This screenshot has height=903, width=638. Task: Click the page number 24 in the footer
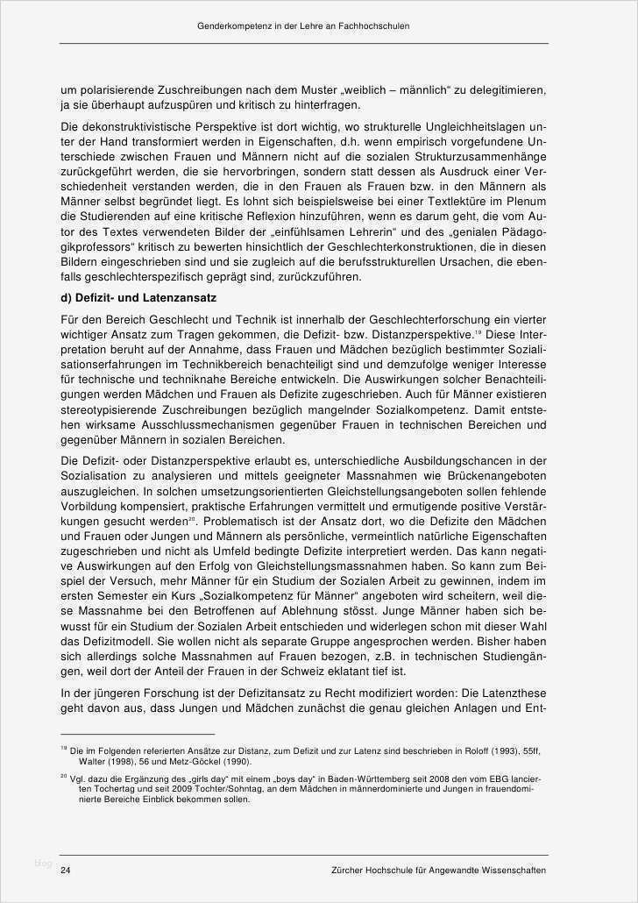coord(66,871)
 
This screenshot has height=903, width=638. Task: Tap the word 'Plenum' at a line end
coord(528,201)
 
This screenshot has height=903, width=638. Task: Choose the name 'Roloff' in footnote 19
coord(457,750)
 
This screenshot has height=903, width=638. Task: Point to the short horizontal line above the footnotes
coord(137,734)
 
